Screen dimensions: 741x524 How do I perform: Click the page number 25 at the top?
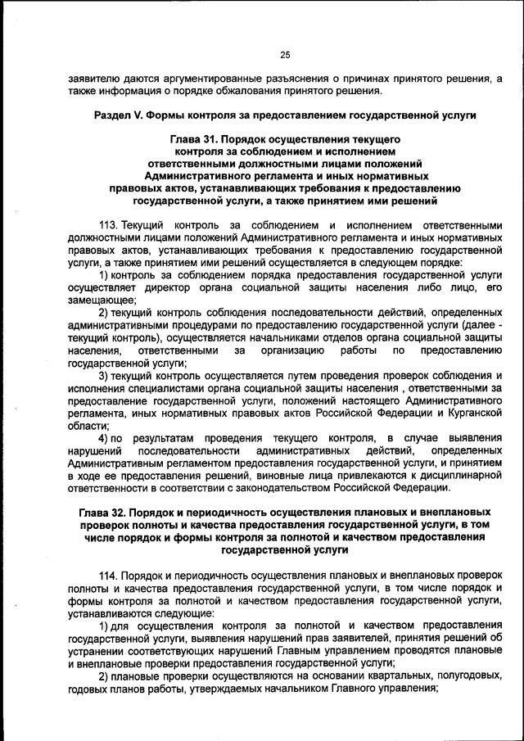pyautogui.click(x=285, y=55)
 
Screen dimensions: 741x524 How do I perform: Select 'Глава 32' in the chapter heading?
pyautogui.click(x=105, y=512)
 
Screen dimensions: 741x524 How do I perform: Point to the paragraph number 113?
pyautogui.click(x=109, y=225)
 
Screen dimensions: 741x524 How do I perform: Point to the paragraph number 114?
pyautogui.click(x=109, y=576)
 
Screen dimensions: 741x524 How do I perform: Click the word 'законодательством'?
pyautogui.click(x=275, y=489)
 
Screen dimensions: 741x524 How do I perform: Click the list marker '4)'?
pyautogui.click(x=105, y=438)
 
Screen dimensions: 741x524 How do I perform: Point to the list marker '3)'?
pyautogui.click(x=104, y=376)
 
